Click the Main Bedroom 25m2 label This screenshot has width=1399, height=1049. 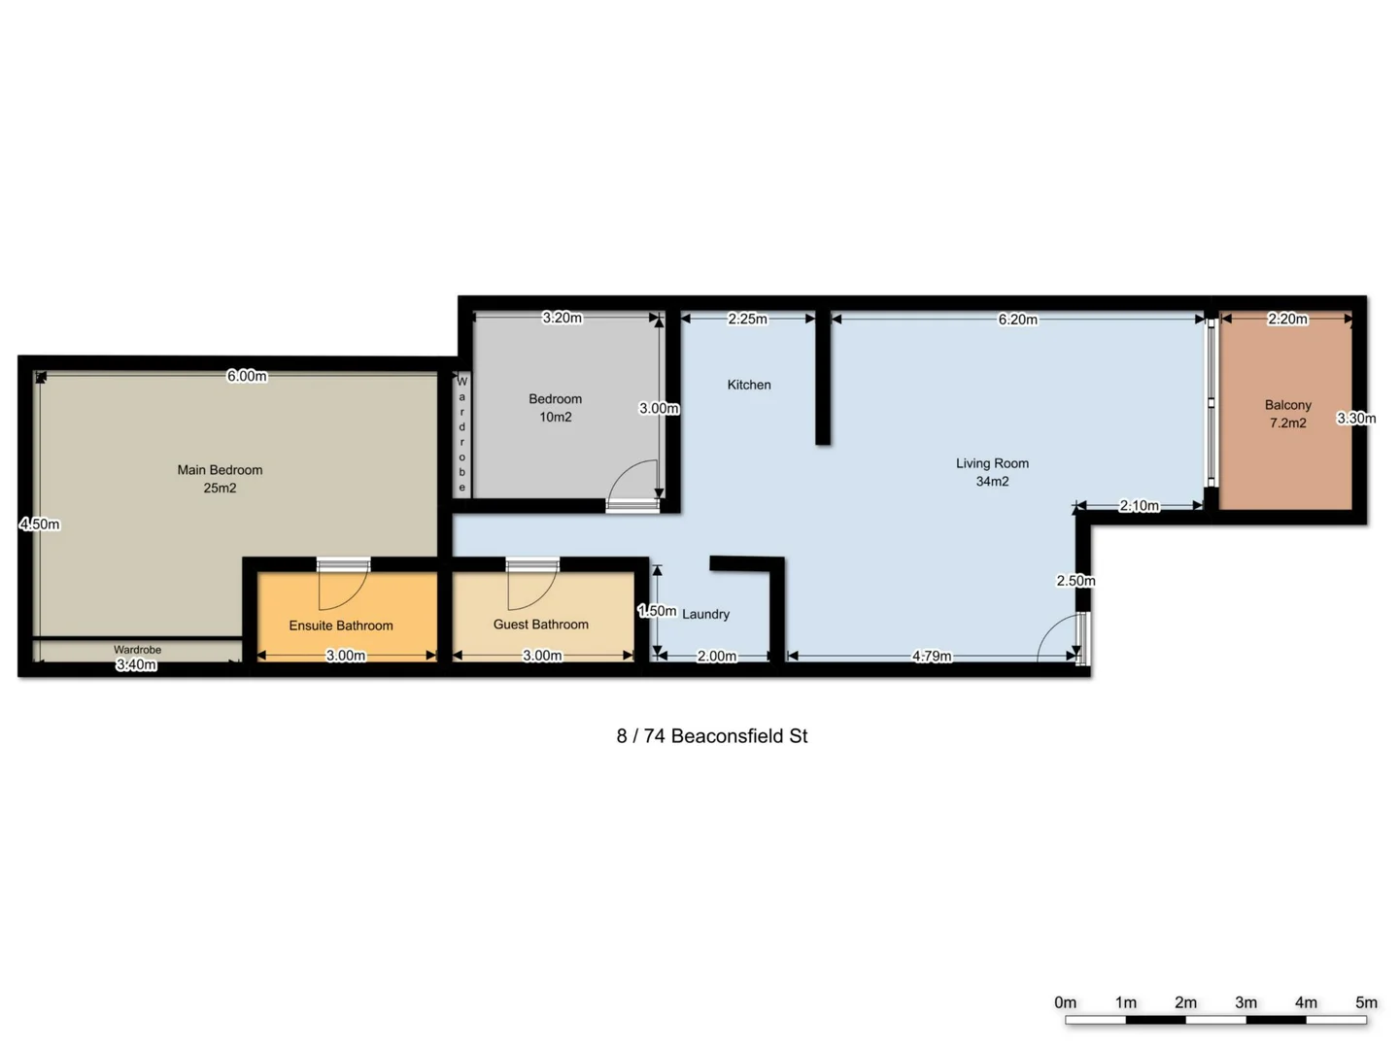coord(220,479)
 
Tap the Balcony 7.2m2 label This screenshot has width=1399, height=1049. coord(1287,414)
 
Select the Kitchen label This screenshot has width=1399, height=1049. coord(749,385)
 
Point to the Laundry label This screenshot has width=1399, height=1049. coord(705,614)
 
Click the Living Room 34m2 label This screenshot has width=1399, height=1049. coord(992,472)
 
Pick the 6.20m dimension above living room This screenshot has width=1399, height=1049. coord(1017,320)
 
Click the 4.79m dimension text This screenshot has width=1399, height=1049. coord(932,657)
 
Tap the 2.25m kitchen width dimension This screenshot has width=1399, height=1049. coord(747,319)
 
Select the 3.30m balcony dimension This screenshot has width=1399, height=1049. coord(1355,419)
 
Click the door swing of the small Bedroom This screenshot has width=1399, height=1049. coord(633,483)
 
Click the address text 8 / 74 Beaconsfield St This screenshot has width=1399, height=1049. coord(711,736)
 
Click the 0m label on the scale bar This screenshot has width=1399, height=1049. coord(1065,1002)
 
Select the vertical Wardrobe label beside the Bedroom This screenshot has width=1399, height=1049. coord(462,434)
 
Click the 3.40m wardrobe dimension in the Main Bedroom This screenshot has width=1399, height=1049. coord(136,665)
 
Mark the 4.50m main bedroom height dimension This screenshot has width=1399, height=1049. coord(40,524)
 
